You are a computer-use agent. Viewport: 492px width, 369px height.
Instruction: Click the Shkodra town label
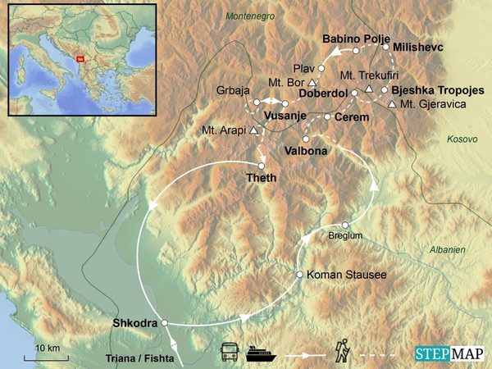(134, 323)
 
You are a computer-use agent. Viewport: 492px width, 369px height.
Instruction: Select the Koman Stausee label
(340, 275)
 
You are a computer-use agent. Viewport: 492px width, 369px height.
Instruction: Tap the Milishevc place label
(418, 48)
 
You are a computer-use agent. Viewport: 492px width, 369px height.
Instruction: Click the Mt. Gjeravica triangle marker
(393, 104)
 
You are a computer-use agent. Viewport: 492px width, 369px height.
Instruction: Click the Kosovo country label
(462, 140)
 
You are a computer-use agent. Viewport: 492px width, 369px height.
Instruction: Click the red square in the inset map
(80, 57)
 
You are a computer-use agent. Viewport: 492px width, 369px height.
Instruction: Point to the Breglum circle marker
(346, 225)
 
